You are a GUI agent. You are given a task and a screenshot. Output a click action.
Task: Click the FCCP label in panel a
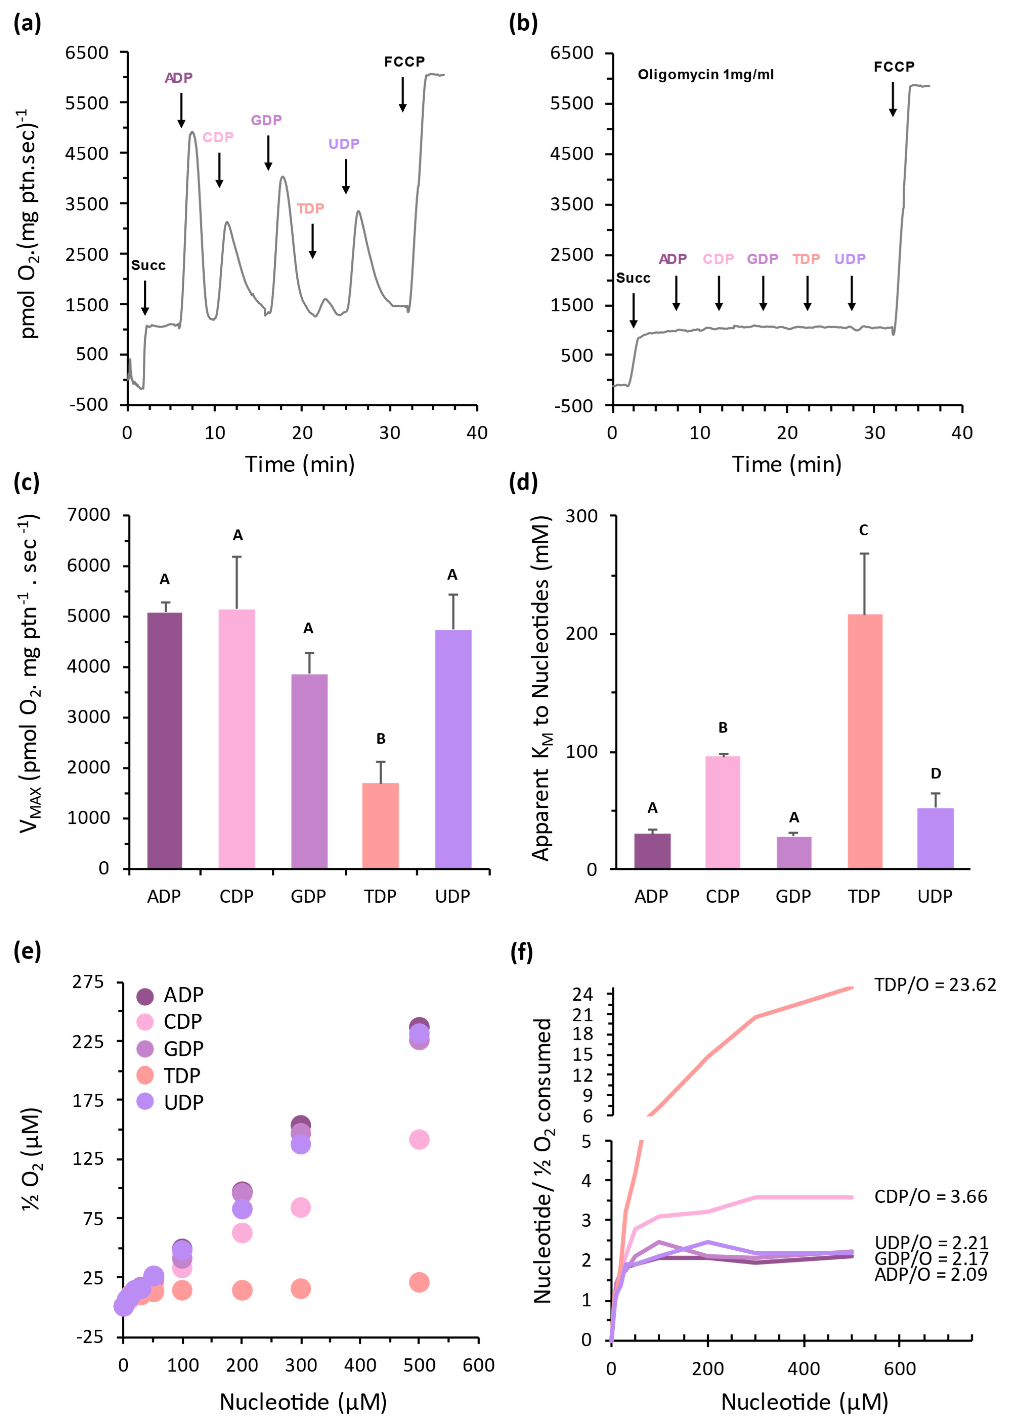404,61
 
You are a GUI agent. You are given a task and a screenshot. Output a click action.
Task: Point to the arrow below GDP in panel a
269,152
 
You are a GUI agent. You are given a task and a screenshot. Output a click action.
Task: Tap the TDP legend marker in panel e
145,1075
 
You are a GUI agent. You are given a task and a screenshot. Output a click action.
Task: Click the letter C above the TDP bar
864,530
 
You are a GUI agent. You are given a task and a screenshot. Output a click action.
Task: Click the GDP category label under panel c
308,896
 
